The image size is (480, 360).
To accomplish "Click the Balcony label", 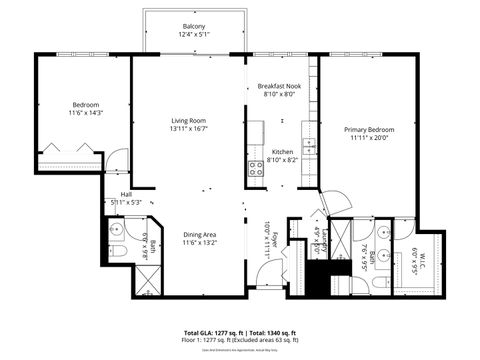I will [194, 26].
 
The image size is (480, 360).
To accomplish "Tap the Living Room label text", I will [187, 120].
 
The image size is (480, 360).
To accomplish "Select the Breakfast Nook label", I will [278, 88].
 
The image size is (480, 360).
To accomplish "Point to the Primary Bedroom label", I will [369, 130].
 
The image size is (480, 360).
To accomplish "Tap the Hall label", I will [126, 195].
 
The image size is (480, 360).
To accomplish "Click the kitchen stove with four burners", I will [255, 170].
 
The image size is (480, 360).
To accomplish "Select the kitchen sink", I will [309, 148].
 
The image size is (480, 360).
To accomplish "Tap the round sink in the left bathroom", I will [116, 232].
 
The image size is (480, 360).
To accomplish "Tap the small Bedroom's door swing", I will [118, 158].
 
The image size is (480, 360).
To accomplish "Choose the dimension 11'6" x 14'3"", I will [84, 114].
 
